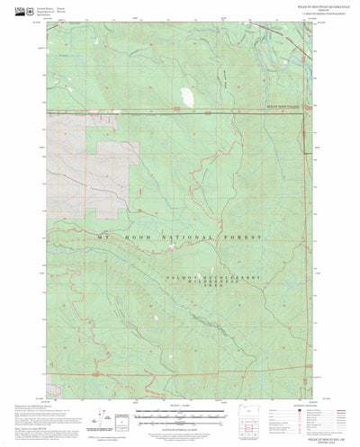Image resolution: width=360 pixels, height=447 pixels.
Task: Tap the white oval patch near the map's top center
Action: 186,95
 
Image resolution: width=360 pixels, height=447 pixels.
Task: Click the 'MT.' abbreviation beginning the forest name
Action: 104,237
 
